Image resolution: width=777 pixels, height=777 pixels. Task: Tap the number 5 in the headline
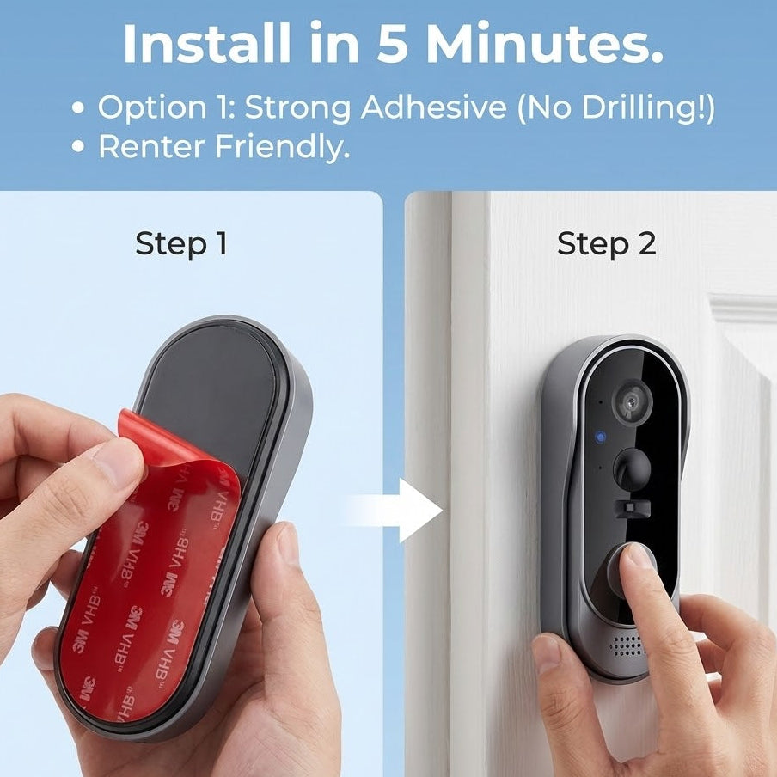[x=392, y=45]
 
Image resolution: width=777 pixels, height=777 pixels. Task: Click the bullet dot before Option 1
[x=79, y=109]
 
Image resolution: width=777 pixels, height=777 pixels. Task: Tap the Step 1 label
[x=181, y=244]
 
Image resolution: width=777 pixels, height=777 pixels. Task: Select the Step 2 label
[x=606, y=244]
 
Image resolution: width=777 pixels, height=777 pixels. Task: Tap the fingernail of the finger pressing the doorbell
[x=639, y=556]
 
